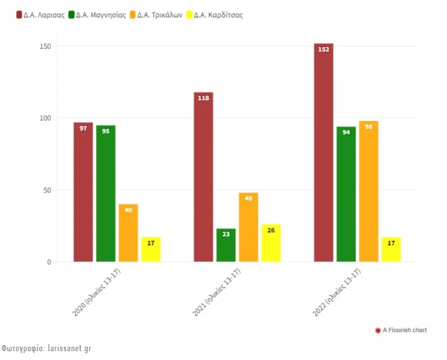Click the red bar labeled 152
[x=323, y=153]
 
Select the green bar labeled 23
[x=226, y=245]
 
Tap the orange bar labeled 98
[x=369, y=191]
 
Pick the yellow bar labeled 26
[x=271, y=243]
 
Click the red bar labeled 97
[x=83, y=192]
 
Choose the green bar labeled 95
[x=106, y=193]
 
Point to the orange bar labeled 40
[x=128, y=232]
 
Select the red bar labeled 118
[x=203, y=177]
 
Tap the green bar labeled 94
[x=346, y=194]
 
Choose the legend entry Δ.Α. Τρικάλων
[x=156, y=15]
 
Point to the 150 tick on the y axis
[x=46, y=47]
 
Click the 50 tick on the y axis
[x=48, y=190]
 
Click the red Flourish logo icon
[x=377, y=330]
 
